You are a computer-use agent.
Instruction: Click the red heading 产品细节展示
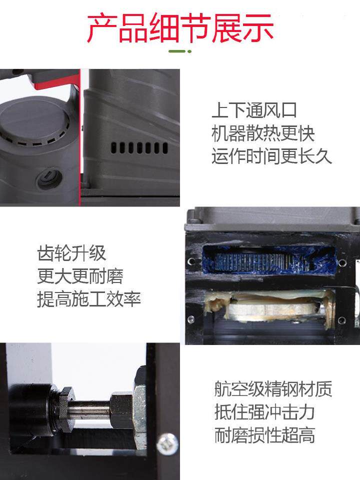180,27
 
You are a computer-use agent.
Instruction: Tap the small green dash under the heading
180,51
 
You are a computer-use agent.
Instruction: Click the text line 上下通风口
254,110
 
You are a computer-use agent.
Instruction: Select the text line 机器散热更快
263,134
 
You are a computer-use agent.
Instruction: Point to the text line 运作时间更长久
271,157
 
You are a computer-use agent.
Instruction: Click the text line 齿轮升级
72,253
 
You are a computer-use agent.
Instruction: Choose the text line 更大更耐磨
80,276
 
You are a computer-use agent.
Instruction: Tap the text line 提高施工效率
89,299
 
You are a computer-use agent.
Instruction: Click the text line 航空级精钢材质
273,389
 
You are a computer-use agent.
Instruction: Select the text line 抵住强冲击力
264,412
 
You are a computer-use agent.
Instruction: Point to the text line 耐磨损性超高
264,435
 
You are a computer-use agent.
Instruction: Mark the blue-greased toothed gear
250,261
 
